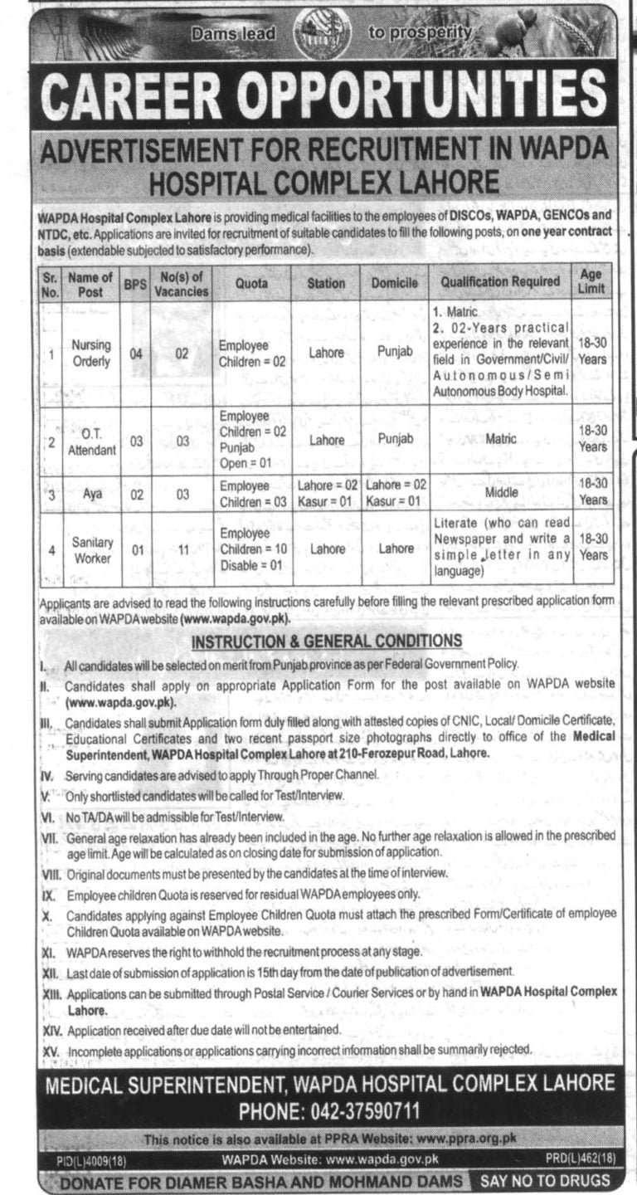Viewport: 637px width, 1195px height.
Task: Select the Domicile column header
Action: (x=395, y=284)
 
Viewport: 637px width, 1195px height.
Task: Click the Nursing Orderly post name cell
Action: (x=91, y=354)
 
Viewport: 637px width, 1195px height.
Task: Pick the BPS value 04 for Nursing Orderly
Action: (x=135, y=354)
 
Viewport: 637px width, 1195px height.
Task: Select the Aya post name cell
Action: (x=91, y=494)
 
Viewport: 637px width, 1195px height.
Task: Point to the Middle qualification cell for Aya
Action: (x=503, y=493)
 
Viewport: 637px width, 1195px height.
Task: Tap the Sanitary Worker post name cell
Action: (x=91, y=549)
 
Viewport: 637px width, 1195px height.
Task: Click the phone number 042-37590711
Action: (x=330, y=1110)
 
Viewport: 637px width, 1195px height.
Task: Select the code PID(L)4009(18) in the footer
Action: (x=90, y=1158)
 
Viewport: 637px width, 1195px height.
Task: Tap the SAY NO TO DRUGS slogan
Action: (x=542, y=1180)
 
